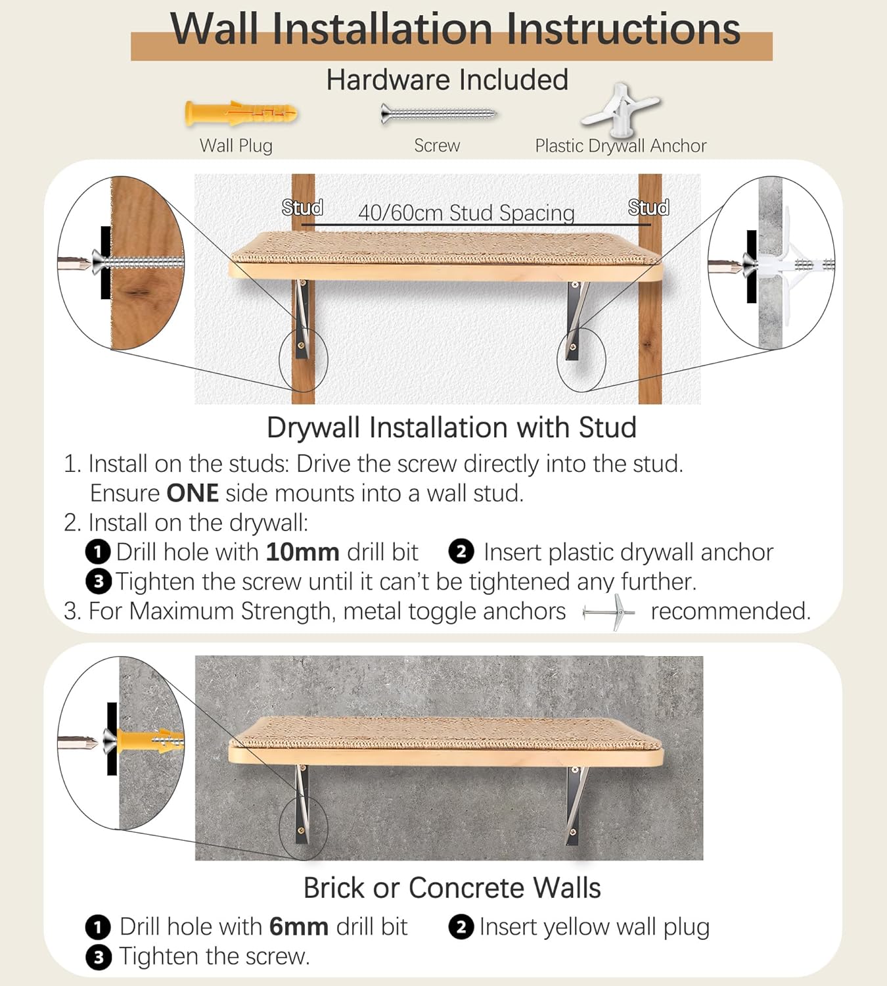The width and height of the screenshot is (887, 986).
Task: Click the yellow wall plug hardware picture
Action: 241,114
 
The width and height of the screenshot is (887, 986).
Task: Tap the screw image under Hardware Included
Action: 438,114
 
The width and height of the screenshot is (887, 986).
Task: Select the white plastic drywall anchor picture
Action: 620,108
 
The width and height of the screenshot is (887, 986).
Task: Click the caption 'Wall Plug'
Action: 236,146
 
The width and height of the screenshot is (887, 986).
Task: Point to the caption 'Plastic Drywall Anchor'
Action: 620,146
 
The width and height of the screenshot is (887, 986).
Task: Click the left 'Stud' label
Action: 302,208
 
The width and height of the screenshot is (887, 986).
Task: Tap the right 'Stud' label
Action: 648,208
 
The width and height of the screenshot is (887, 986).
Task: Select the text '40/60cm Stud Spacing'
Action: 466,213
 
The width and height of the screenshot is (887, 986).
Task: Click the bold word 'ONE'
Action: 192,493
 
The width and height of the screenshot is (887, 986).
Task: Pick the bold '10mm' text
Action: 302,552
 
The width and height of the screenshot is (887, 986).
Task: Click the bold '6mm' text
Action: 298,927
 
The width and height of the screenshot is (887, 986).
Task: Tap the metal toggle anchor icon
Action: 609,613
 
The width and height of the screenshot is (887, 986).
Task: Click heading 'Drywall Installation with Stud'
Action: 451,428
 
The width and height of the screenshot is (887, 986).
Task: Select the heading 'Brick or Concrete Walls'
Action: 451,888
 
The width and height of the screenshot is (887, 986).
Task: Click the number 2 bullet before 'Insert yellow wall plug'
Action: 461,927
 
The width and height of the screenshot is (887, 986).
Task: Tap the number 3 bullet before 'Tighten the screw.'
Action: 98,957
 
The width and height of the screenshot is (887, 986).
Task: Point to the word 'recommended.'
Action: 731,611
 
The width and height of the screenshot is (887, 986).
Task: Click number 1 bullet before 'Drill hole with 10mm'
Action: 98,552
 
